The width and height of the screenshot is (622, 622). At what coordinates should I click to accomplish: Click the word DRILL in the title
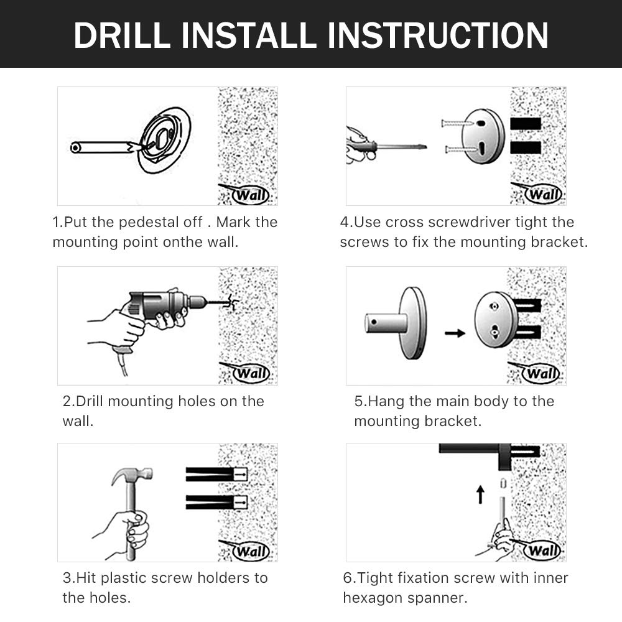click(x=122, y=35)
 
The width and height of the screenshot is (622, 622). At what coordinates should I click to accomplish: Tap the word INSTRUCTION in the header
click(x=438, y=35)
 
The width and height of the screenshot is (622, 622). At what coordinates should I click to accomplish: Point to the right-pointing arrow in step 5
click(x=455, y=333)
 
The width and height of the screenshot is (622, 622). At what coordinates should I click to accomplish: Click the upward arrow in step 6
click(x=480, y=494)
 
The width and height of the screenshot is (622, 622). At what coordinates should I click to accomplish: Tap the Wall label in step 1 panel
click(x=251, y=195)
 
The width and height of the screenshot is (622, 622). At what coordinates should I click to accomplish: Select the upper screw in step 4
click(x=457, y=124)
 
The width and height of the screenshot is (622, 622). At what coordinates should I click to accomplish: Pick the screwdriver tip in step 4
click(x=424, y=147)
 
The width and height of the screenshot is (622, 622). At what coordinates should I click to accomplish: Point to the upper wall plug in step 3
click(x=217, y=474)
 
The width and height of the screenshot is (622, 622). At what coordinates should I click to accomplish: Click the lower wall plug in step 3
click(x=217, y=502)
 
